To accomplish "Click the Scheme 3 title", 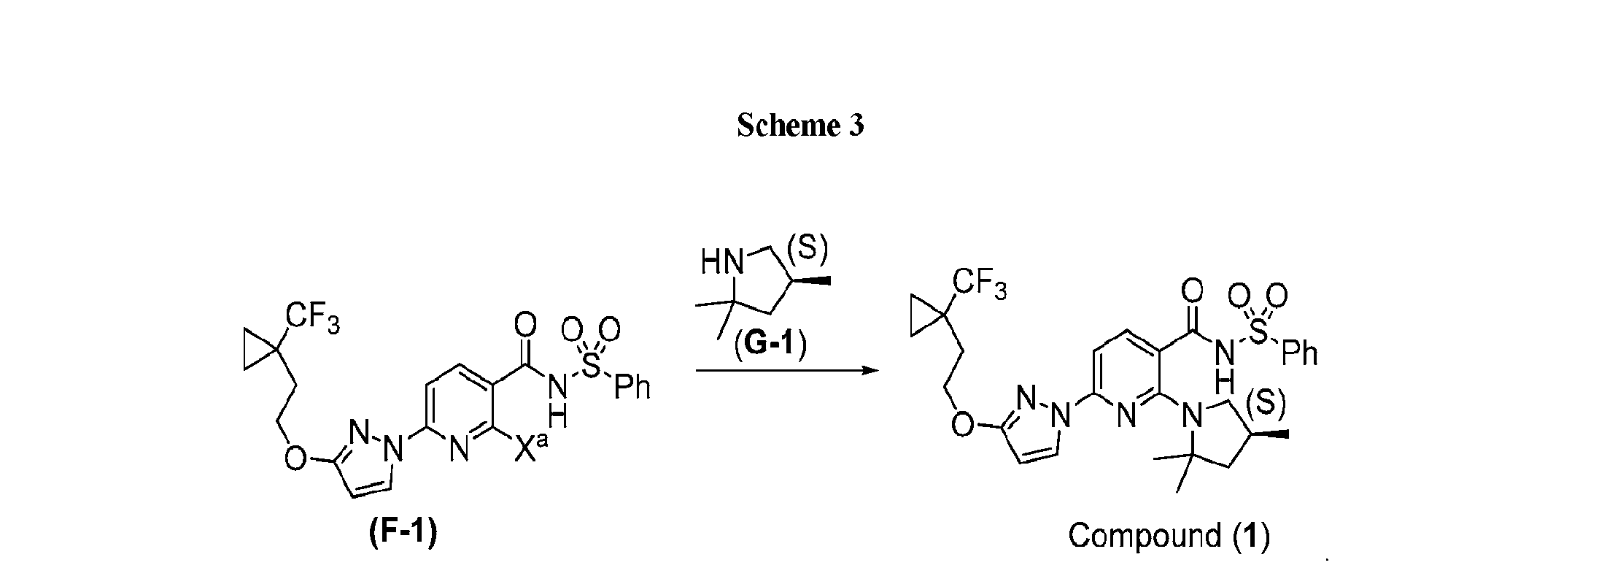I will (x=800, y=126).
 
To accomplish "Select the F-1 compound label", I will (x=403, y=533).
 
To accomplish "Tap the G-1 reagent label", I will (x=770, y=345).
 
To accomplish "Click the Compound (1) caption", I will (x=1169, y=535).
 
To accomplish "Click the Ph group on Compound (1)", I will (x=1299, y=354).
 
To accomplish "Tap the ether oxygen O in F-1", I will (x=295, y=457).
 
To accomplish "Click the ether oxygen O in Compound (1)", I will (x=963, y=424).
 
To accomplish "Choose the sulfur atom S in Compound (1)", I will (x=1258, y=333).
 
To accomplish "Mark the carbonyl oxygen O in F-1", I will (x=524, y=323).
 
